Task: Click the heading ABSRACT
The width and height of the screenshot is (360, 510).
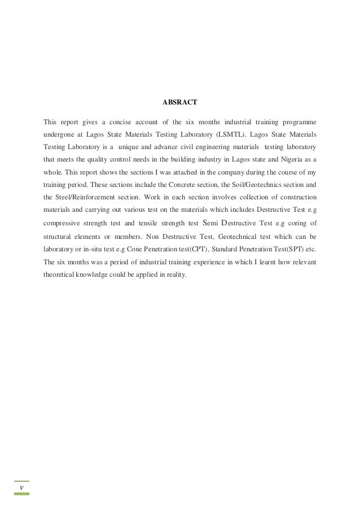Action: (179, 103)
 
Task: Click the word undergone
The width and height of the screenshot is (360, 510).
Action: (59, 135)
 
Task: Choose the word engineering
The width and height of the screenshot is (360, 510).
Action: (202, 147)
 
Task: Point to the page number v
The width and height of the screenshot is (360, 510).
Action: (21, 487)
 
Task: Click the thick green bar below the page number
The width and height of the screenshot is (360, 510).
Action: (21, 494)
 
